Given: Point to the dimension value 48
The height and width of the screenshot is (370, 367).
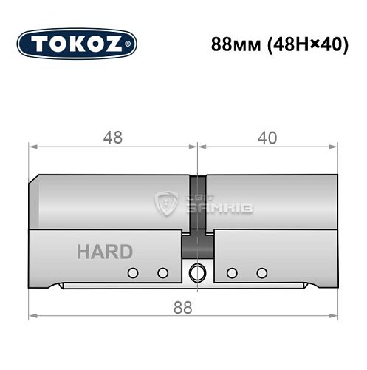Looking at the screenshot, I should click(x=112, y=138).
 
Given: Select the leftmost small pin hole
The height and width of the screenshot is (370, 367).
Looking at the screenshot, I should click(x=133, y=273).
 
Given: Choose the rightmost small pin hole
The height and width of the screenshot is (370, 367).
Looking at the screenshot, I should click(x=261, y=273).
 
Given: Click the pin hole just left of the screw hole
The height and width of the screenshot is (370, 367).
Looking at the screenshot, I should click(x=162, y=273).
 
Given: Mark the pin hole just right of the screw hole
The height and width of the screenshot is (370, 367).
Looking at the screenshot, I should click(x=231, y=273).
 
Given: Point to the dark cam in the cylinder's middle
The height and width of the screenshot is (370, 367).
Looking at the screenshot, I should click(x=196, y=207).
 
